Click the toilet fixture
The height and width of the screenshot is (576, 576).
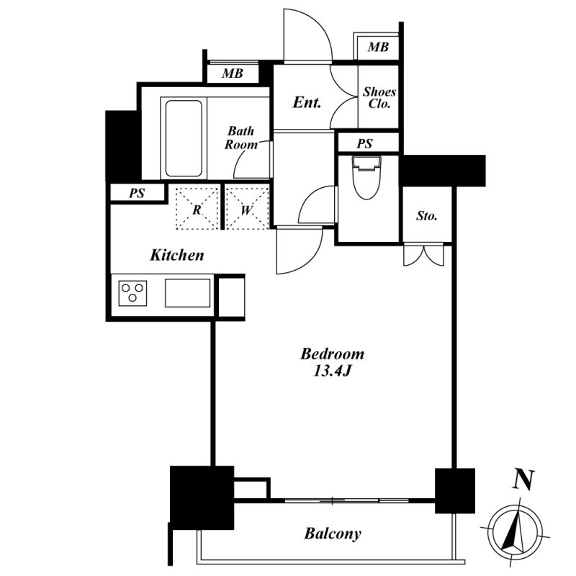(x=366, y=177)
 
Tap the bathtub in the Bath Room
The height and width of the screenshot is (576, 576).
(x=184, y=138)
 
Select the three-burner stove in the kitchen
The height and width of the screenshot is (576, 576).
(x=132, y=293)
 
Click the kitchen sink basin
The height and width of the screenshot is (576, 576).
(x=188, y=293)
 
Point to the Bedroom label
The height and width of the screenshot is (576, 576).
(x=333, y=354)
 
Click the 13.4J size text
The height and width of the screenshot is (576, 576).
(x=333, y=371)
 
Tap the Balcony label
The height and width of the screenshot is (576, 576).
(x=333, y=534)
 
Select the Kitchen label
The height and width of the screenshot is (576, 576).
(x=177, y=255)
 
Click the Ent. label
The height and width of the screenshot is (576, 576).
(x=307, y=102)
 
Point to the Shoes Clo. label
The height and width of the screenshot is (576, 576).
(x=379, y=98)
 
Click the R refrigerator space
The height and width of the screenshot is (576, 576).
(x=197, y=209)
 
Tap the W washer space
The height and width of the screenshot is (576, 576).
(x=246, y=209)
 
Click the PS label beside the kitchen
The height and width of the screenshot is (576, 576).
(x=137, y=193)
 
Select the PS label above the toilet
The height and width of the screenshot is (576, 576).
(x=365, y=143)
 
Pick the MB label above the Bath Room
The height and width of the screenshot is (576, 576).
(x=233, y=73)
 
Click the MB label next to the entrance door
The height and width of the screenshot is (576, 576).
(x=378, y=47)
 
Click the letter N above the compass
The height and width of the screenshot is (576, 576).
(x=523, y=480)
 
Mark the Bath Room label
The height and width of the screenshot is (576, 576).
(x=241, y=138)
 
